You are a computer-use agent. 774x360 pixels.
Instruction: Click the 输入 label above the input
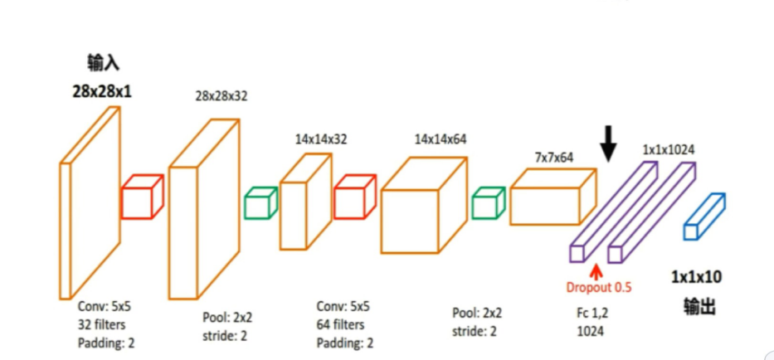pos(102,63)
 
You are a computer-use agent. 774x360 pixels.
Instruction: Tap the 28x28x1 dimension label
pos(101,92)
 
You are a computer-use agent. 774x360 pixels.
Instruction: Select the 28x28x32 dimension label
pos(221,96)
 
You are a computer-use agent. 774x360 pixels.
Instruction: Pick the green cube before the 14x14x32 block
pos(260,202)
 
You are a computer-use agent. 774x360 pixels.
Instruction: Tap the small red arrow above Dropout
pos(596,271)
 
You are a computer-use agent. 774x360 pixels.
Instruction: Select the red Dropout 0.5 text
pos(599,288)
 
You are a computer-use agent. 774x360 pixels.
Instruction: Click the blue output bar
pos(704,216)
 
